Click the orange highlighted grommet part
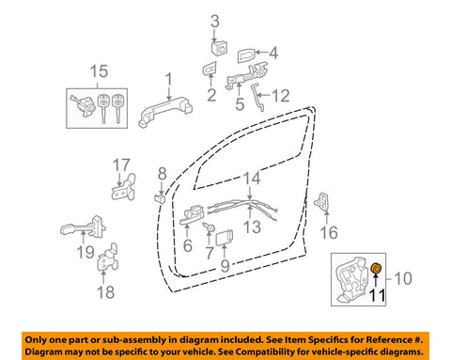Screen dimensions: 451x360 tap(376, 269)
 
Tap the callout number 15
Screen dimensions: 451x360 tap(99, 71)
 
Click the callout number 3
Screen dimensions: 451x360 tap(215, 22)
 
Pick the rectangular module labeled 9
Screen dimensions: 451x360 tap(225, 237)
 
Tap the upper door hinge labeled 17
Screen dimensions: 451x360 tap(124, 187)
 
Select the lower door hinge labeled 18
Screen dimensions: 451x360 tap(108, 258)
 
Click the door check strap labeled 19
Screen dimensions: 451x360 tap(84, 227)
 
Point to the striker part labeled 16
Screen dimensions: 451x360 tap(322, 201)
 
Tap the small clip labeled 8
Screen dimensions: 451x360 tap(160, 198)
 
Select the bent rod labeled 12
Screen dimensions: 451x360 tap(257, 97)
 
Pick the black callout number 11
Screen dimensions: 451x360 tap(378, 295)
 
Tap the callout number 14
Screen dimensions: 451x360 tap(252, 178)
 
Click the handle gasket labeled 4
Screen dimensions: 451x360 tap(246, 55)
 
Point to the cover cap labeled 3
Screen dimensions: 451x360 tap(219, 48)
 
